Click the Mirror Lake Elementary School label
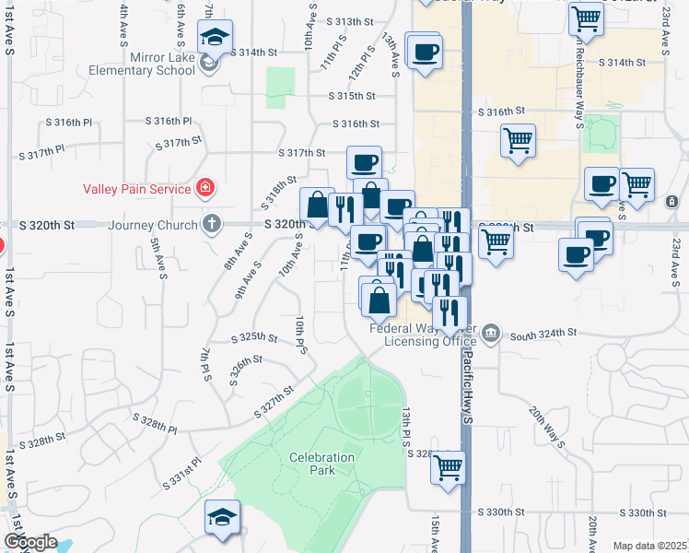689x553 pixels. (143, 70)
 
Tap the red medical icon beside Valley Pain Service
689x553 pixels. (204, 189)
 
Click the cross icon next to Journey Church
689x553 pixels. (212, 224)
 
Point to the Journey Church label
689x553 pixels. (153, 224)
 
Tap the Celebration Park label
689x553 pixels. (321, 464)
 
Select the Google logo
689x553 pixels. (29, 542)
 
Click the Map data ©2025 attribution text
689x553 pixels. (649, 546)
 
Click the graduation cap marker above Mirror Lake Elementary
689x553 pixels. (216, 37)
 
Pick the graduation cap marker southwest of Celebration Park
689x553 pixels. (222, 516)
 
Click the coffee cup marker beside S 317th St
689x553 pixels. (364, 162)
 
